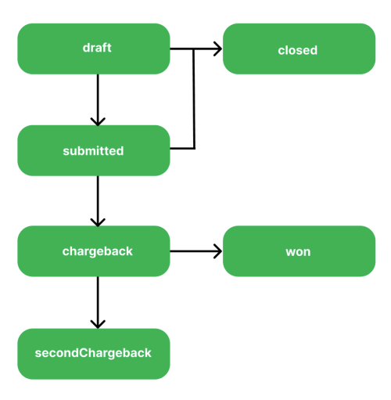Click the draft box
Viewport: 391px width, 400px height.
click(x=94, y=49)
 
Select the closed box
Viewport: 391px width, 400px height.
click(x=299, y=49)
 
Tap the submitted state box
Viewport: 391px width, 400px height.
click(x=94, y=150)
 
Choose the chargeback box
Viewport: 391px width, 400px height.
click(x=94, y=251)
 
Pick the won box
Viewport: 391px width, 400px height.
click(x=299, y=251)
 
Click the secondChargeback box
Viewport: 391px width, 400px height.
click(x=94, y=353)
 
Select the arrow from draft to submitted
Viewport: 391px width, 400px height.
click(x=98, y=98)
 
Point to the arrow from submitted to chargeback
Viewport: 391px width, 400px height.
click(x=98, y=200)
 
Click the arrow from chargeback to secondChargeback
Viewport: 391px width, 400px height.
click(x=98, y=301)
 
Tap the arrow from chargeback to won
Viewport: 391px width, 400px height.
click(x=195, y=251)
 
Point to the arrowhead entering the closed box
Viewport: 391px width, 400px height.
click(x=218, y=49)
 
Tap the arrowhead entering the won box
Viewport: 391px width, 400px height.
click(x=218, y=251)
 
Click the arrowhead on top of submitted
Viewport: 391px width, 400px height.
click(x=98, y=121)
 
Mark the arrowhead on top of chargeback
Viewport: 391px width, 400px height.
click(x=98, y=222)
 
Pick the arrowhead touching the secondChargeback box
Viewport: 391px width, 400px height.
click(x=98, y=324)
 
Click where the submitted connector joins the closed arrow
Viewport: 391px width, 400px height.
click(x=194, y=49)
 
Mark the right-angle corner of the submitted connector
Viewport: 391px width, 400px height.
click(x=194, y=147)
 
